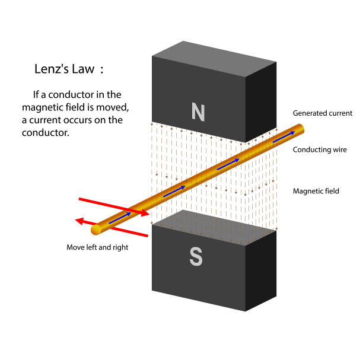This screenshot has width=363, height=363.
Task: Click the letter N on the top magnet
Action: [198, 110]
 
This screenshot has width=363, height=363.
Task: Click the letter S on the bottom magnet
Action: [196, 257]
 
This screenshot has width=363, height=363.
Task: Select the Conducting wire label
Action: [320, 150]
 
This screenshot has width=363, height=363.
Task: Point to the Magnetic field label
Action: [316, 191]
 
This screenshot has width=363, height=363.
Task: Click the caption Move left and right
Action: [97, 247]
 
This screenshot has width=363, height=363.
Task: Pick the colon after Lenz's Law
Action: [101, 70]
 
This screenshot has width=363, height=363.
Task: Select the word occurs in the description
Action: [87, 120]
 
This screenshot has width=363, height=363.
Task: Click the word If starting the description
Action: [37, 95]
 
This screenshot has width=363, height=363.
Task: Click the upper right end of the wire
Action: [301, 128]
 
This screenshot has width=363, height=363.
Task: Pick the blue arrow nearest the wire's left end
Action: [120, 218]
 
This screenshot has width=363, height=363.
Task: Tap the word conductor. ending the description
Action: [46, 133]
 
